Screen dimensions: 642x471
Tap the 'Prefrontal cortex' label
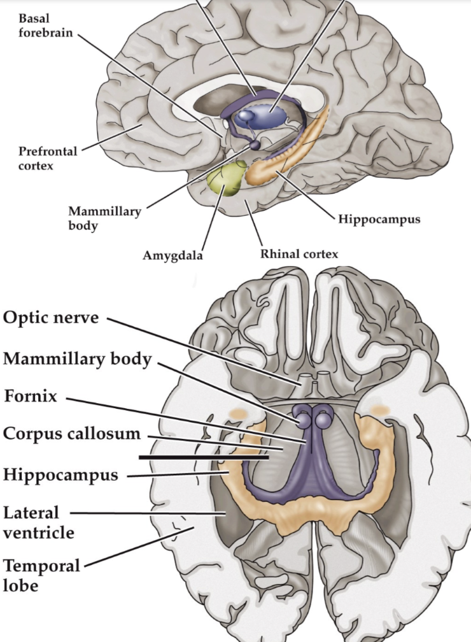coord(48,159)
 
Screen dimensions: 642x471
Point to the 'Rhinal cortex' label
coord(299,253)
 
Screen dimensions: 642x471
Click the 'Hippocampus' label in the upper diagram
coord(379,219)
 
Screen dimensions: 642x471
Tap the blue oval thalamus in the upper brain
coord(262,115)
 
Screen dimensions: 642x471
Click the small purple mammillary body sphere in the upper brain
coord(255,145)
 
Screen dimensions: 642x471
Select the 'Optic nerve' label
coord(51,317)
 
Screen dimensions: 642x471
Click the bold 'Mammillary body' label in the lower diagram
coord(77,359)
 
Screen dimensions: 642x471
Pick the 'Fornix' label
coord(31,397)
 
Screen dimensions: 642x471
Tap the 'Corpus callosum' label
coord(71,434)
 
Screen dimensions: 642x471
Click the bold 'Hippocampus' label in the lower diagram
coord(60,474)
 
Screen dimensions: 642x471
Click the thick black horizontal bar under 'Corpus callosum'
coord(204,457)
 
